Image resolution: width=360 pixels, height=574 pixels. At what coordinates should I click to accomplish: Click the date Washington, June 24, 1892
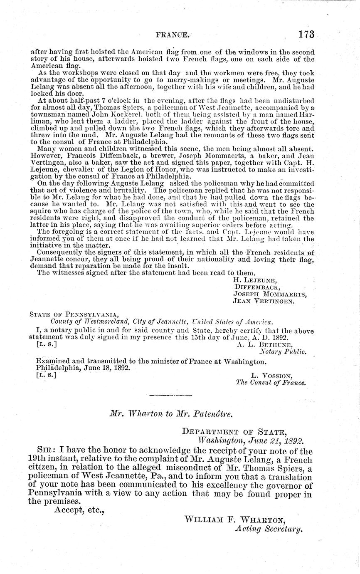point(251,441)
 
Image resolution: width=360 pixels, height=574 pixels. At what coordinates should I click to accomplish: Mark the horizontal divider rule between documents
point(170,395)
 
